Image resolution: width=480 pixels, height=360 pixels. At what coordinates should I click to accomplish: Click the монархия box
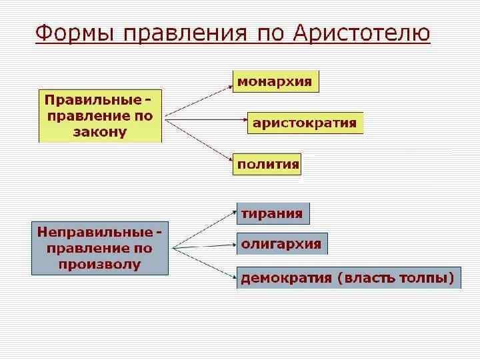[275, 81]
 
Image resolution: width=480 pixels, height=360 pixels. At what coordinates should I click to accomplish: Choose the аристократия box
[305, 123]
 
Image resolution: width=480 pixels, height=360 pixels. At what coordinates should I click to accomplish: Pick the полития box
[267, 164]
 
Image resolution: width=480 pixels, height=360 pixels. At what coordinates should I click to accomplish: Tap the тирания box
[272, 214]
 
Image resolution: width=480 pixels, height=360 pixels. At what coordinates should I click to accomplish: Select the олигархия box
[281, 244]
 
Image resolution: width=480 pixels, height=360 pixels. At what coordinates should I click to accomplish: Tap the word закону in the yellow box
[100, 131]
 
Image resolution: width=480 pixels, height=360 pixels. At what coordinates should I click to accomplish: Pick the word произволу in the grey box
[100, 264]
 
